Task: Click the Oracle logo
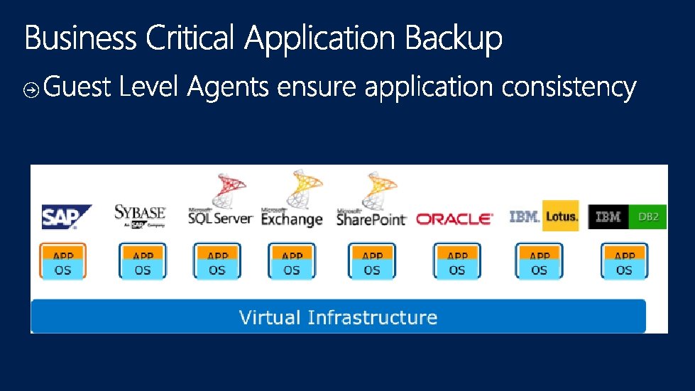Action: [454, 219]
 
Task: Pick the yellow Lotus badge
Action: [561, 215]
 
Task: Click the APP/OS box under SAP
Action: [63, 262]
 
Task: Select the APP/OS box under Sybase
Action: [143, 262]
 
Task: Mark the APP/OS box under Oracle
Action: [457, 262]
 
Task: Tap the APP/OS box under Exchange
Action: [292, 262]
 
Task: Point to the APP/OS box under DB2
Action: [624, 262]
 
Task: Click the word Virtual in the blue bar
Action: [270, 317]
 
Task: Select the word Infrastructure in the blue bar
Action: [372, 317]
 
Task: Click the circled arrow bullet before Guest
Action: [31, 90]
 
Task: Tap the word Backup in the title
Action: [454, 39]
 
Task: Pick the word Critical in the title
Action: [190, 38]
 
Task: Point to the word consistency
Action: [569, 88]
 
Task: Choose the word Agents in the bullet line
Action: [229, 89]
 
